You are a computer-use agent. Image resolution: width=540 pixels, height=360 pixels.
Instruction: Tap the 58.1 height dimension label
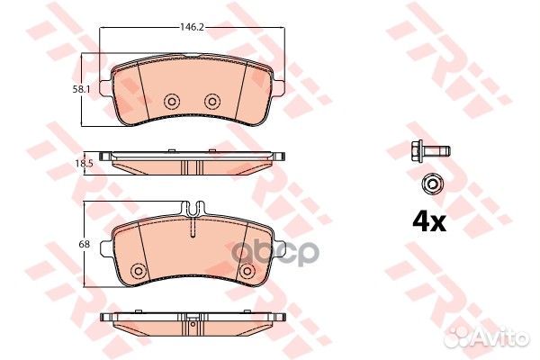pos(81,90)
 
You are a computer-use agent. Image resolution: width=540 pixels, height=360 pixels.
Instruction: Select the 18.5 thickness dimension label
pos(84,163)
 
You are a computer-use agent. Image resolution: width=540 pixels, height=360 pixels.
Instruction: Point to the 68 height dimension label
pos(84,244)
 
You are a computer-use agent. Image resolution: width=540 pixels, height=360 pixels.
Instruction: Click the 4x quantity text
pos(429,222)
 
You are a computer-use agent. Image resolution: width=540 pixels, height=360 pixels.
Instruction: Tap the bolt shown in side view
pos(430,150)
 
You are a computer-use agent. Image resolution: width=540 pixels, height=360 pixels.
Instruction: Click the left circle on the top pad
pos(172,102)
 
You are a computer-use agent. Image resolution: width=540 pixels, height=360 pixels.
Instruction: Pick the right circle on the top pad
pos(212,102)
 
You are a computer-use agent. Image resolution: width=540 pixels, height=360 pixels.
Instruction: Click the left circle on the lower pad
pos(139,270)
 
